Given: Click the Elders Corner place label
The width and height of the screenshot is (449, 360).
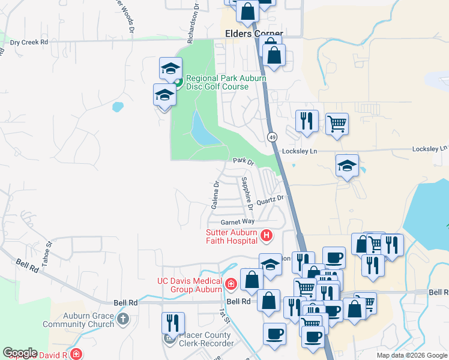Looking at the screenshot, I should pos(253,34).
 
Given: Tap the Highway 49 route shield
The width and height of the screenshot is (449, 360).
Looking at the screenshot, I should pos(273,137).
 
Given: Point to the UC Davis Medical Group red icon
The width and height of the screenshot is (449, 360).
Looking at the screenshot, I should pos(231,283).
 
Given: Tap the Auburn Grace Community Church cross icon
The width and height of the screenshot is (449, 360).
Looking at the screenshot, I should pos(123,319).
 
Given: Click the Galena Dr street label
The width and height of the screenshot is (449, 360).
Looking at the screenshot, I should pos(215,195).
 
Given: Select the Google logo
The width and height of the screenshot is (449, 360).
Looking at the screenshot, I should pos(20,353).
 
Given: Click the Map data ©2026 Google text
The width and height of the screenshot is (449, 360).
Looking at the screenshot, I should pos(411,355).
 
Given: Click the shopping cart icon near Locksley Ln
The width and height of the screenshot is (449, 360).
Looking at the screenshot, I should pos(337,124).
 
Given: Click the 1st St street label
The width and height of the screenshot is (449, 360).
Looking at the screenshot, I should pos(223,316).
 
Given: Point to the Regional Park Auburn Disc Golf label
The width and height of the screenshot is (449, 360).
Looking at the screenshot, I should pos(217,82).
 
